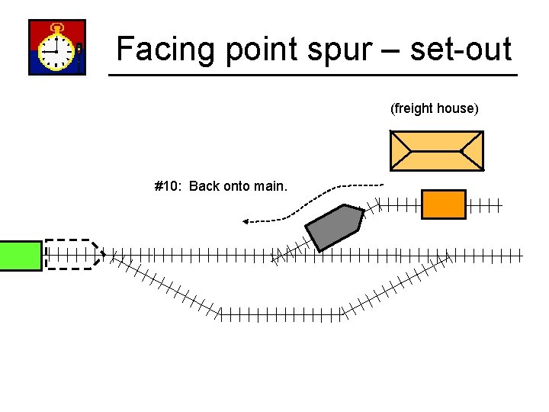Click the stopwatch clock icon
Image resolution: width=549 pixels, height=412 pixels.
click(x=56, y=47)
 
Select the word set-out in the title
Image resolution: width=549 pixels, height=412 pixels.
click(x=461, y=49)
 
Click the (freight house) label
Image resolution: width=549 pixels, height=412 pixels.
click(x=435, y=108)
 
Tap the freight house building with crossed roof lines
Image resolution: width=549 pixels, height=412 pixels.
click(x=436, y=150)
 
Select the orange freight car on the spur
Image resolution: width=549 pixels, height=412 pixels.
click(x=443, y=204)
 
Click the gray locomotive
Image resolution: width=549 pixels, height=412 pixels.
click(x=334, y=227)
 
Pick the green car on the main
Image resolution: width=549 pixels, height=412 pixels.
click(x=21, y=256)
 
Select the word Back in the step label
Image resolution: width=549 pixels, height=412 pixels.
click(x=204, y=186)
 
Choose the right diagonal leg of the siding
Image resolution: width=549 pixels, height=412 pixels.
click(x=396, y=285)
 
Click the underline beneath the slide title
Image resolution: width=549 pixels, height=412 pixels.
click(x=313, y=75)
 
